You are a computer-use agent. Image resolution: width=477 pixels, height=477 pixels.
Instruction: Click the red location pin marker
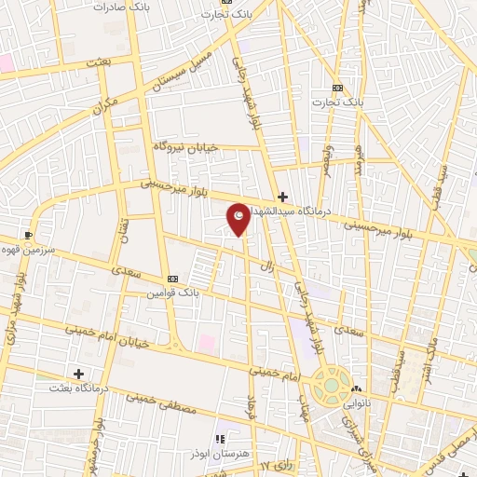click(238, 218)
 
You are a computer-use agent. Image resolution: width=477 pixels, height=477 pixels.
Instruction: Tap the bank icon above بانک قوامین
click(171, 279)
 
